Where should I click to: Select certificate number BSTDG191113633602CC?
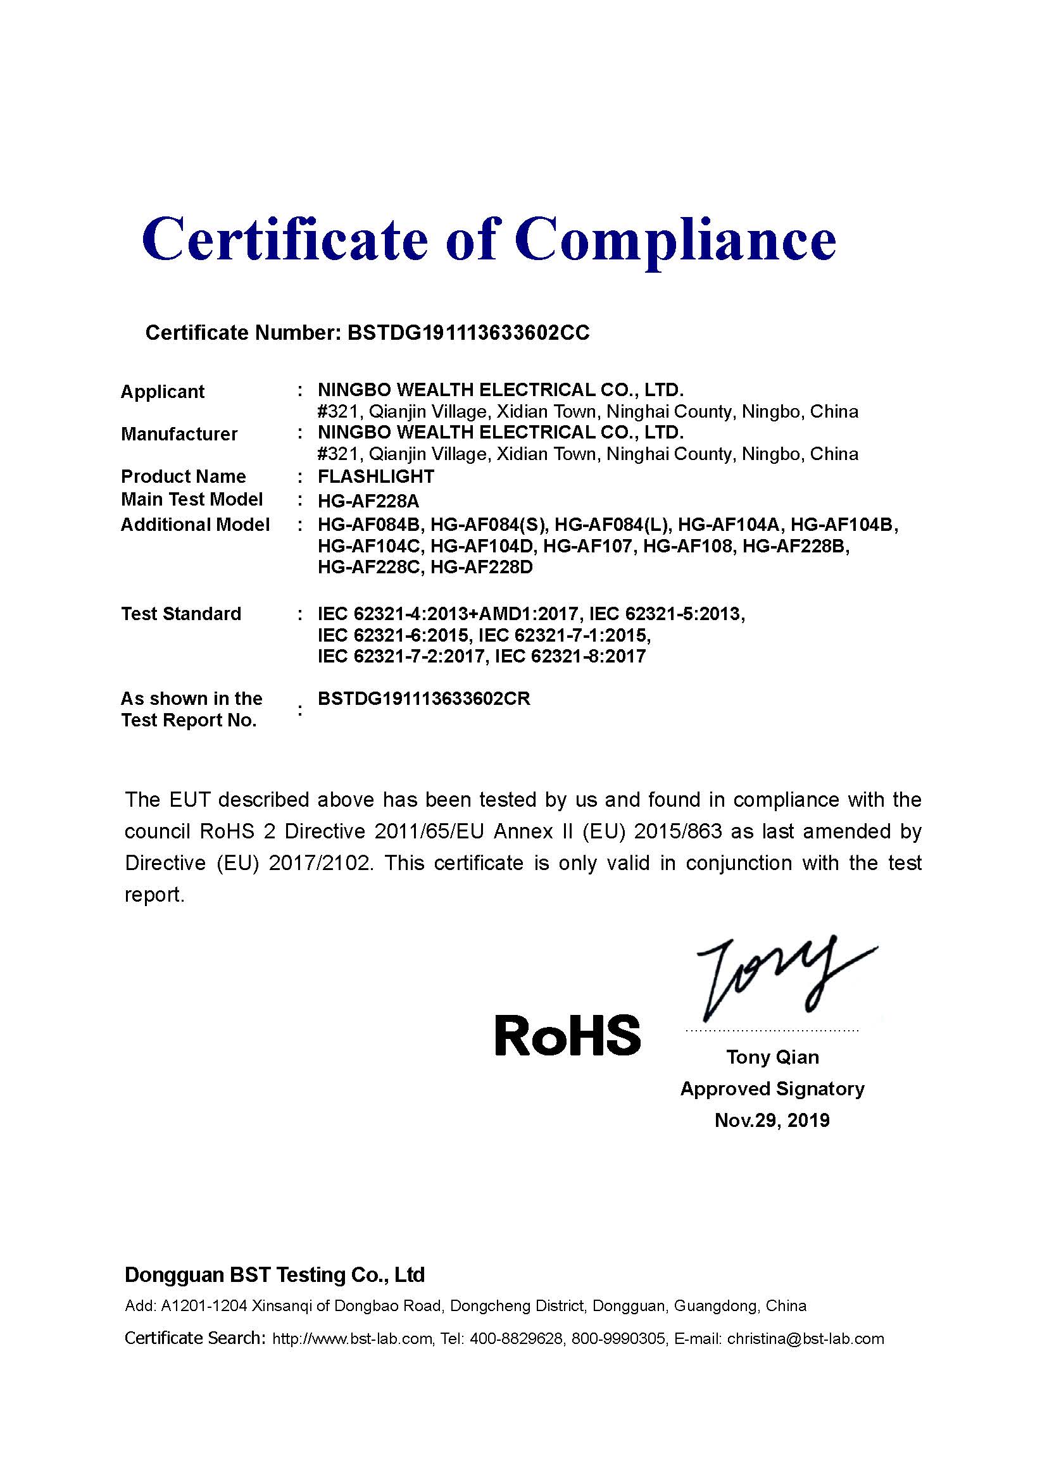tap(468, 333)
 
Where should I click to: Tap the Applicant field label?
tap(163, 392)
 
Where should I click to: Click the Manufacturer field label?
tap(179, 435)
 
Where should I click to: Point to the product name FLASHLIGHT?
tap(376, 476)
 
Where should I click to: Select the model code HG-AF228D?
tap(482, 568)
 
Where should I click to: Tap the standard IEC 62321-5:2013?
tap(667, 614)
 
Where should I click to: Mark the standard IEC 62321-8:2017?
tap(570, 657)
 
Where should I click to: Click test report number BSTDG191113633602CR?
tap(423, 699)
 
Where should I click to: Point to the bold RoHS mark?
tap(567, 1036)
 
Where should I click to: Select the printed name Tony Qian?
tap(772, 1058)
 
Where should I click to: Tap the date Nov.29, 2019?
tap(772, 1121)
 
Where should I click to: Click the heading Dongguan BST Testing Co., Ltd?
tap(275, 1275)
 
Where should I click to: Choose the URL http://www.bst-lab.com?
tap(352, 1340)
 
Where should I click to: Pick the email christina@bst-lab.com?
tap(805, 1340)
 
